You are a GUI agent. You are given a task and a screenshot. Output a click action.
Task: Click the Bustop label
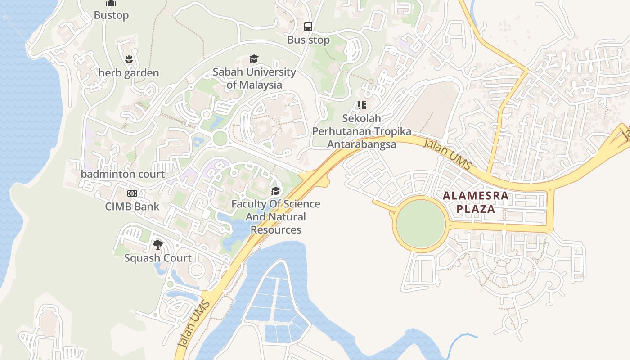point(111,15)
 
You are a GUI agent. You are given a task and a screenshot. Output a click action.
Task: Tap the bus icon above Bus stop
point(308,27)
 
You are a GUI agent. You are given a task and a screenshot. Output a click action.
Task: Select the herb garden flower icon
point(129,59)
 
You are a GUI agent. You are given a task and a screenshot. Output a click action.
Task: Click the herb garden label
point(129,73)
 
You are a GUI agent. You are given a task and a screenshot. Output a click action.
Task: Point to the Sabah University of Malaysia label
point(254,78)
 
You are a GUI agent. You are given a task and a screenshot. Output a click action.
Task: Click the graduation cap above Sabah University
point(254,59)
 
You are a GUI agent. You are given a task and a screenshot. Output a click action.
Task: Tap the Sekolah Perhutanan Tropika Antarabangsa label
point(362,131)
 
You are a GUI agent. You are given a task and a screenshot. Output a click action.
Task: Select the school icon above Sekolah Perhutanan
point(361,105)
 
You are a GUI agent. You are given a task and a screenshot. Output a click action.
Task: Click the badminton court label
point(123,174)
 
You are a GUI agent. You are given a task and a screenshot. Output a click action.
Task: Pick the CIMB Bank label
point(132,207)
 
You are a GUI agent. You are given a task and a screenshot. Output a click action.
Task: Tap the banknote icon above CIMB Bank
point(132,193)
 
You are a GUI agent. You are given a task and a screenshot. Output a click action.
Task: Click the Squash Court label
point(158,258)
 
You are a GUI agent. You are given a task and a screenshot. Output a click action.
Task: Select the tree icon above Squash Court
point(157,245)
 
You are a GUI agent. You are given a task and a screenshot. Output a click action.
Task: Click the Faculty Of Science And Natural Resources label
point(276,217)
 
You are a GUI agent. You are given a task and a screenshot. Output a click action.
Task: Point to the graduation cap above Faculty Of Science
point(275,191)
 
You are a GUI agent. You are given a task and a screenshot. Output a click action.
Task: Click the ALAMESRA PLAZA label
point(476,202)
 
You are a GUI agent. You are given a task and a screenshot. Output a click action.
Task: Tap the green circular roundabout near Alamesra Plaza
point(420,224)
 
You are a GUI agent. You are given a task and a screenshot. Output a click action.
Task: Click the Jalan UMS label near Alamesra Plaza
point(448,154)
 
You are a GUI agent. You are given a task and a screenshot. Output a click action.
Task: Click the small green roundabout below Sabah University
point(220,138)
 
